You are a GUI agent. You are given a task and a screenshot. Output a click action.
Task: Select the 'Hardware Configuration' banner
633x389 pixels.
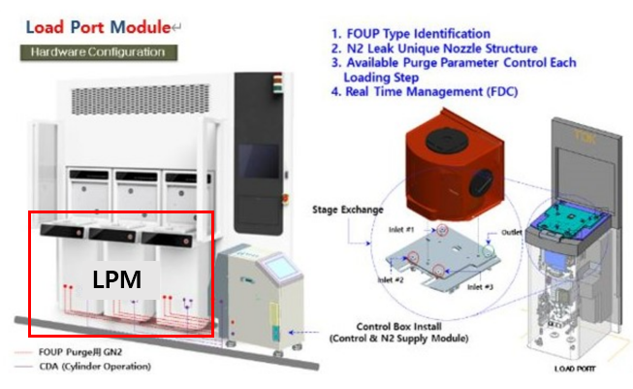point(96,51)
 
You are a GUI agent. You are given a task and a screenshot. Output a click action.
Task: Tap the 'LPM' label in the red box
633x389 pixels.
point(117,279)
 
